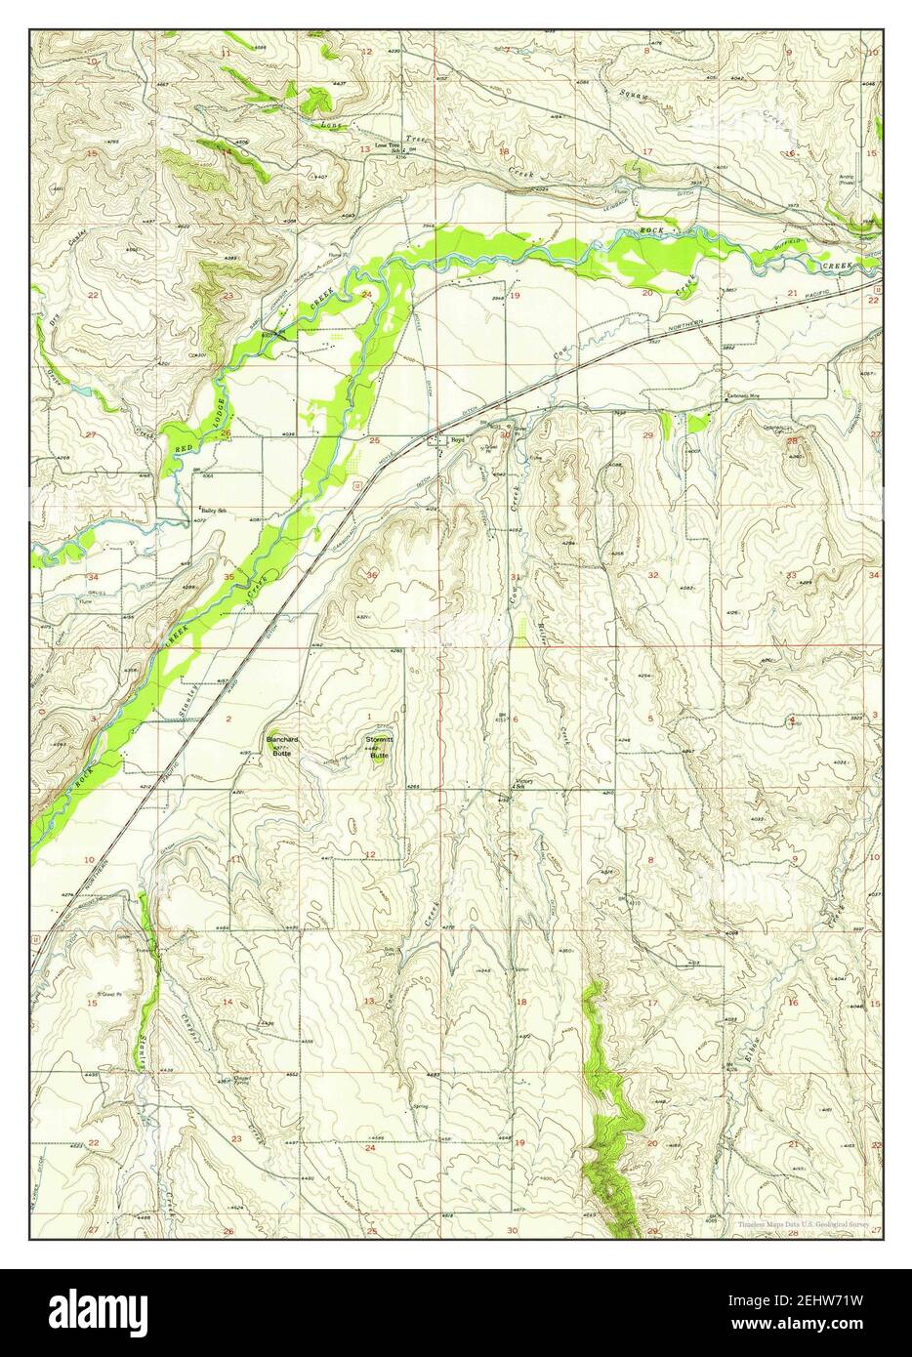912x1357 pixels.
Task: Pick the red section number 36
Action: pos(372,575)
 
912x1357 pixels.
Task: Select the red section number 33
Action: pos(793,574)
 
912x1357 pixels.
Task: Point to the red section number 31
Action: pos(514,576)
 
